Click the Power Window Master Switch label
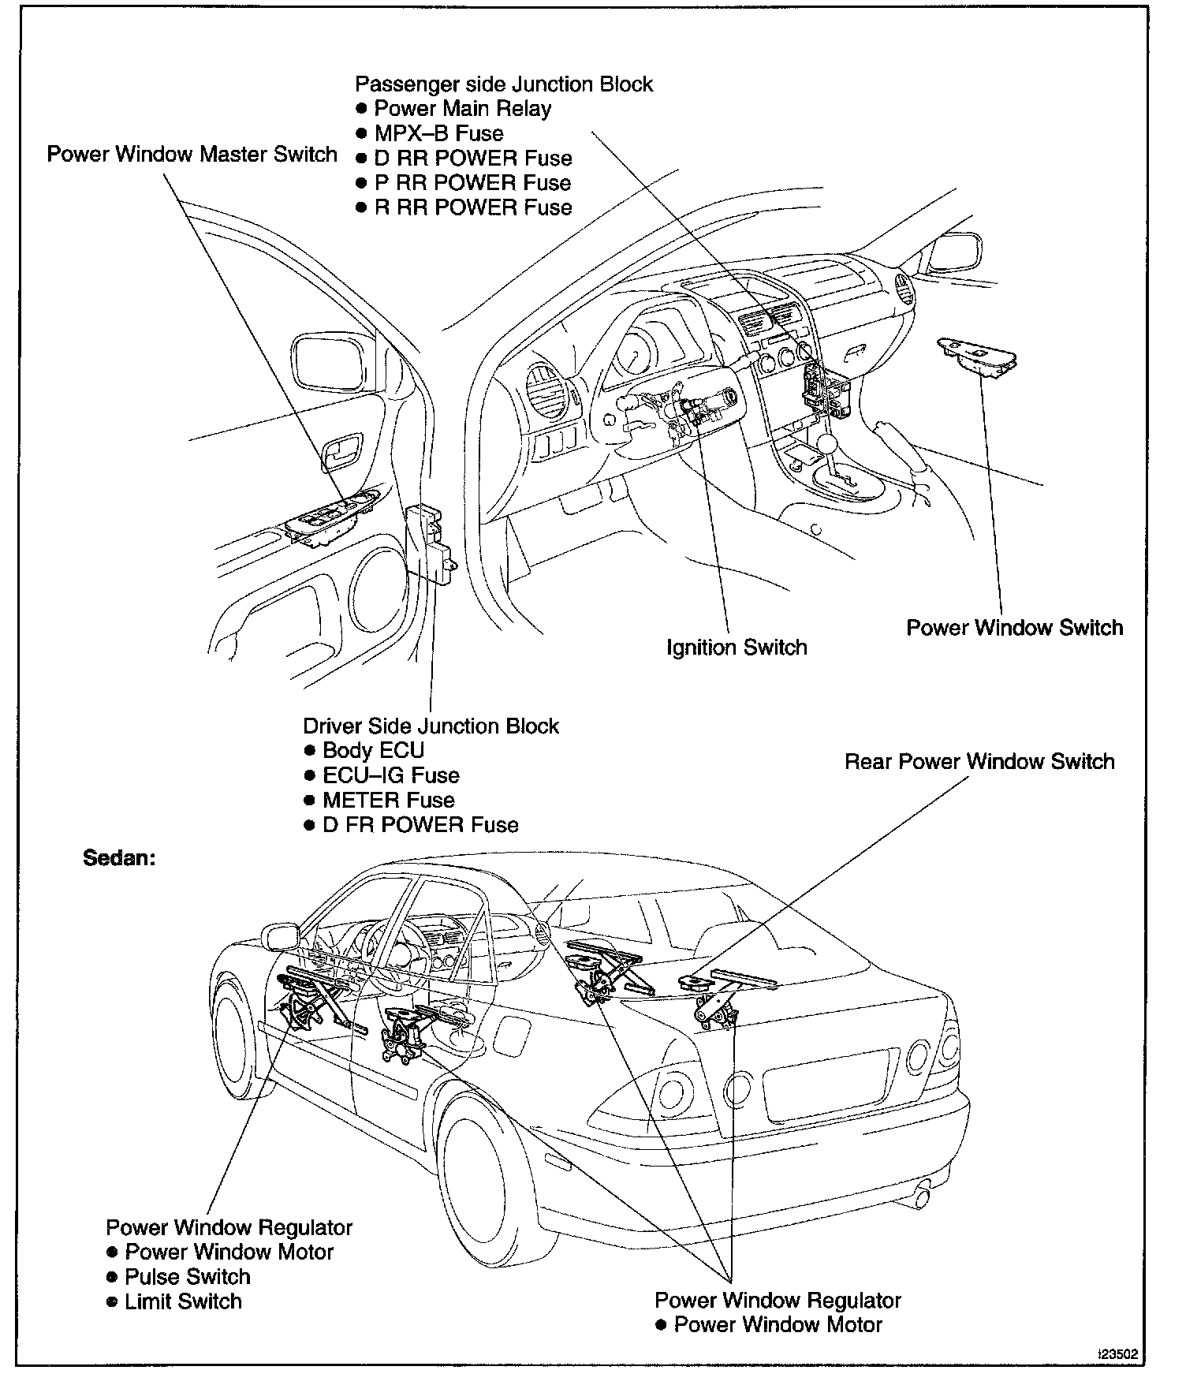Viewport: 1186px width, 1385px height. (x=192, y=154)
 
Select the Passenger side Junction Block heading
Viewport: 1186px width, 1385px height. (x=503, y=84)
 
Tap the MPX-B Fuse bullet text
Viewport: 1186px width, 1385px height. (x=438, y=133)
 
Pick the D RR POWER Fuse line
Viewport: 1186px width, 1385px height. (x=472, y=158)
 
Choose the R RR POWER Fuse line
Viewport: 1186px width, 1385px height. (x=472, y=207)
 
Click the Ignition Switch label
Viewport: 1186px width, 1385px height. (x=737, y=648)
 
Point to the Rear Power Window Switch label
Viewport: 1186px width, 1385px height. (x=979, y=762)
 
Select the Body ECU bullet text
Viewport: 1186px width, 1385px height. (x=373, y=751)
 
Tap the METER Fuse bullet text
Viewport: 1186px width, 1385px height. (x=388, y=801)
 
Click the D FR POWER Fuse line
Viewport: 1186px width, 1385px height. (x=420, y=825)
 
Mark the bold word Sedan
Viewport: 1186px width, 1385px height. (x=119, y=858)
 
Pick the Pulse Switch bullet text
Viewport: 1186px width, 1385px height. (x=187, y=1277)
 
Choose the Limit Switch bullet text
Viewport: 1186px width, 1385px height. (x=183, y=1301)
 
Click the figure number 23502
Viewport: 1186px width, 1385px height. (x=1118, y=1355)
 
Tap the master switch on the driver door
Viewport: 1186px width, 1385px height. (x=331, y=517)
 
